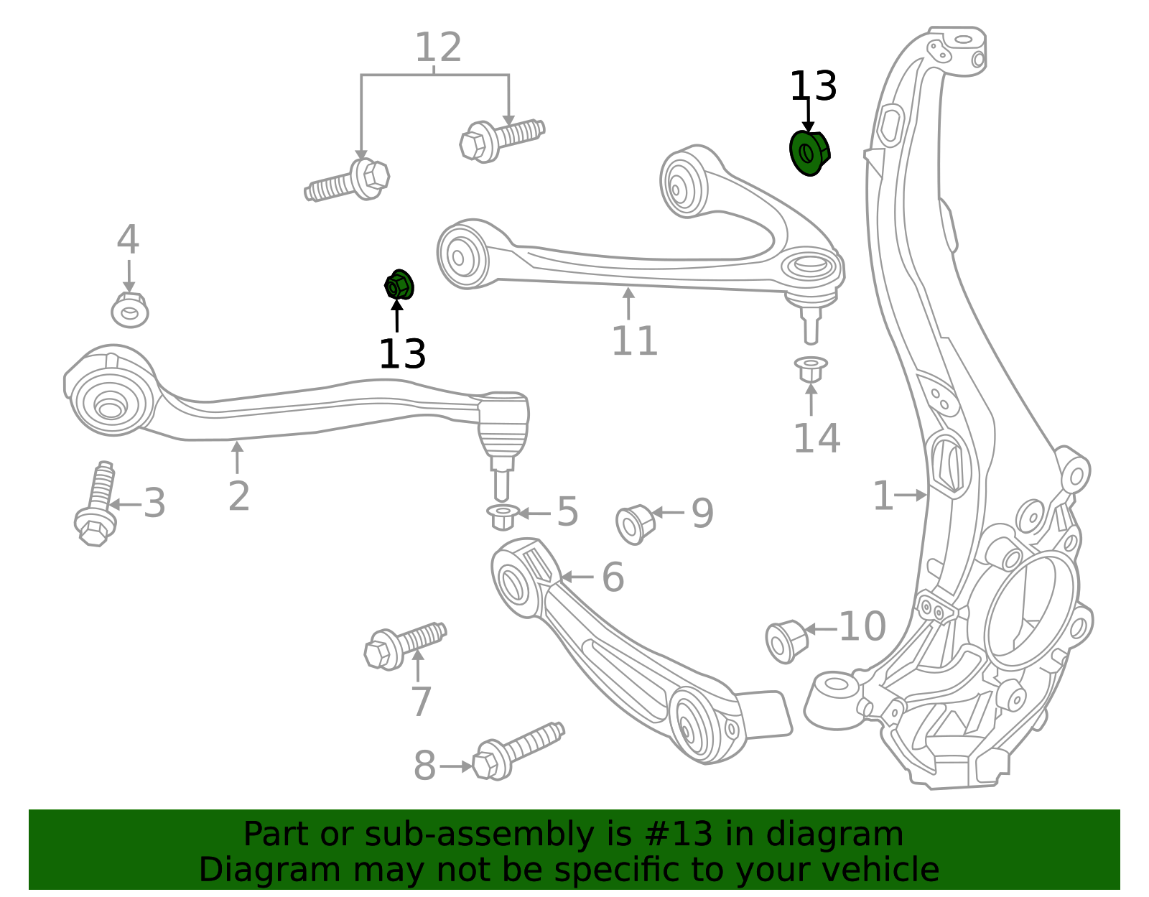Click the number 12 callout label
point(438,47)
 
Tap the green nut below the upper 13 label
point(809,153)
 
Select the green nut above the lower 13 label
point(399,285)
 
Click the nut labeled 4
point(129,310)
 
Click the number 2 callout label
point(238,496)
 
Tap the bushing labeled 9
point(635,524)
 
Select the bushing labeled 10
point(786,641)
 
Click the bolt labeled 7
point(405,646)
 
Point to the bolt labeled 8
point(518,751)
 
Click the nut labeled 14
point(811,369)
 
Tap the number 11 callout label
point(635,341)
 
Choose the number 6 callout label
point(613,577)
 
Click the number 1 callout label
point(883,496)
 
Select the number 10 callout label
point(862,626)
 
